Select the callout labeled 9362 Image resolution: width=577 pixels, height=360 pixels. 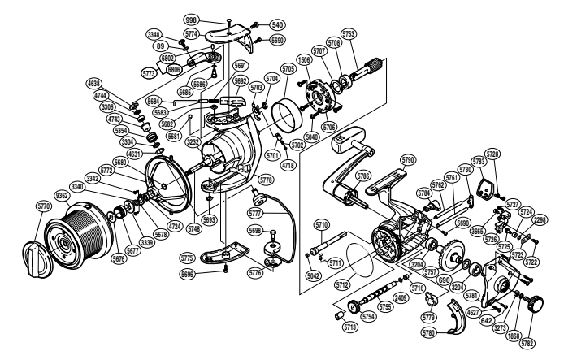pos(62,195)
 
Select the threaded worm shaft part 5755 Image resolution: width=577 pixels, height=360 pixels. pos(379,288)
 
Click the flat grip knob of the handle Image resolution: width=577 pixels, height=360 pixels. pos(344,146)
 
